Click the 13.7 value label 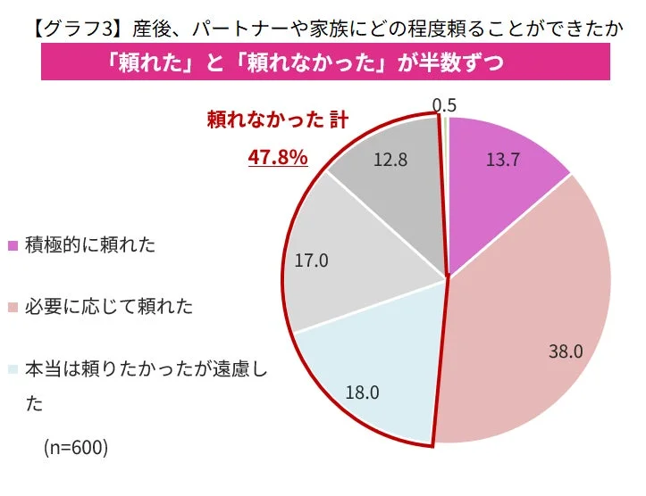pyautogui.click(x=504, y=160)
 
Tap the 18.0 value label pyautogui.click(x=362, y=391)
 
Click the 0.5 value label pyautogui.click(x=444, y=104)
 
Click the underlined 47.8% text pyautogui.click(x=278, y=157)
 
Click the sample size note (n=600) pyautogui.click(x=76, y=447)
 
